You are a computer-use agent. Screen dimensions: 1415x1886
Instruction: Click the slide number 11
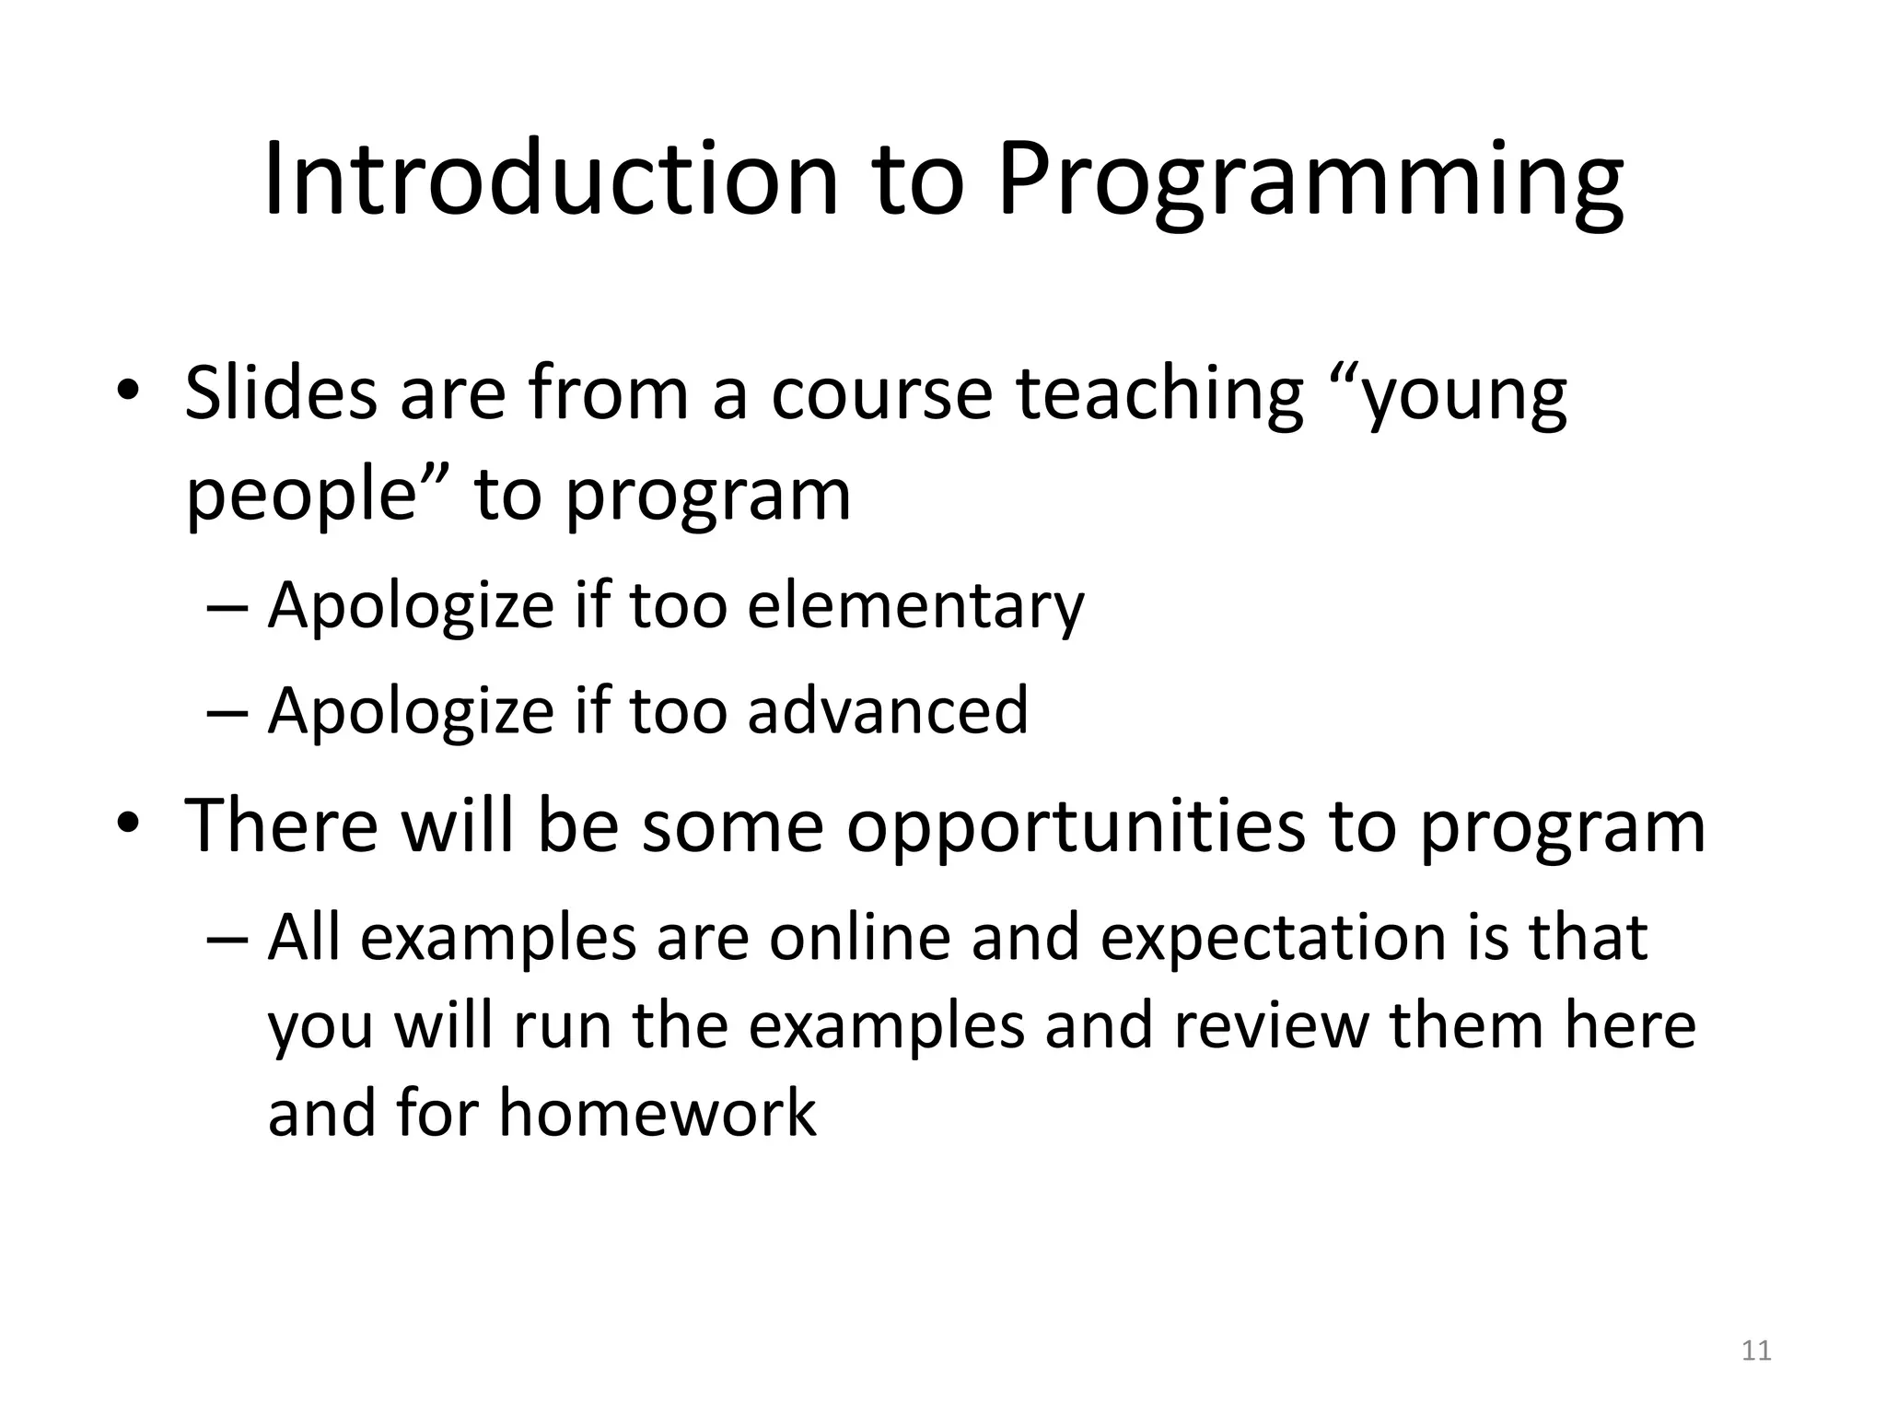[1757, 1351]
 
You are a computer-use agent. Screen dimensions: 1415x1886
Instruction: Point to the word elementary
[915, 605]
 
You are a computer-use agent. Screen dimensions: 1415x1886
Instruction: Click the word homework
[657, 1112]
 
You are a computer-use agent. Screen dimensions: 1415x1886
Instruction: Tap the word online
[859, 937]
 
